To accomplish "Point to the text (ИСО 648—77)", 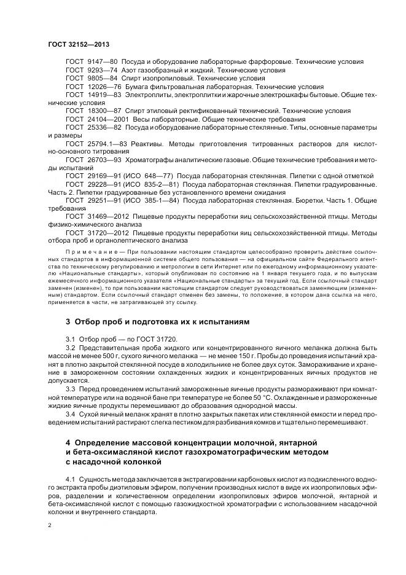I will click(x=151, y=176).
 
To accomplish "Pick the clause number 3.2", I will click(x=71, y=347).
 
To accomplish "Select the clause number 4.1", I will click(x=71, y=477).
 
